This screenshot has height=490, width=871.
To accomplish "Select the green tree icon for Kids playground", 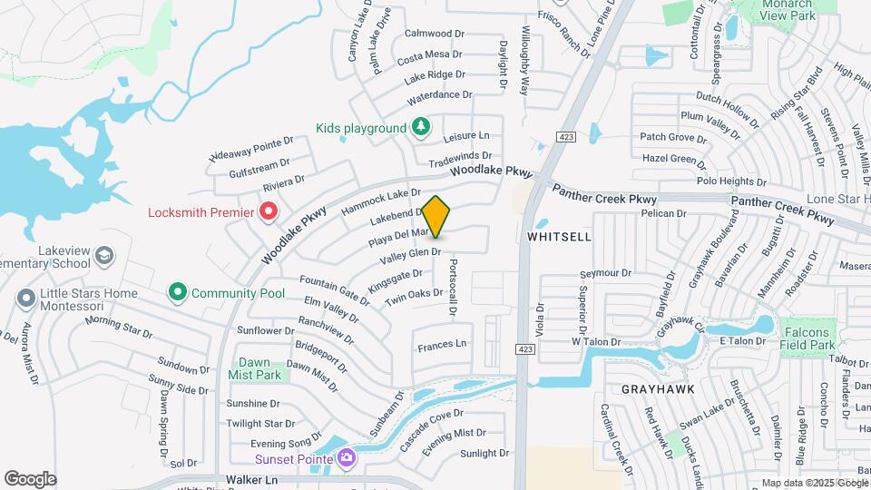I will coord(420,127).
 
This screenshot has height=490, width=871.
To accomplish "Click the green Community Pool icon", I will coord(177,293).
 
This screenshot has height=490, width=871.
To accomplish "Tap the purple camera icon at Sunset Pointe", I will coord(346,457).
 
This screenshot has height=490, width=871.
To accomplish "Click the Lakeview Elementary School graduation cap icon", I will coord(104,255).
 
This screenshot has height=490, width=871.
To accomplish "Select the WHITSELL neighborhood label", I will coord(559,237).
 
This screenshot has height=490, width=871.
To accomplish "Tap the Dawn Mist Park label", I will coord(255,367).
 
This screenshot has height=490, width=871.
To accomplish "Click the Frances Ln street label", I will coord(442,345).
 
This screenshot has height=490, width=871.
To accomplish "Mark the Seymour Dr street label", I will coord(606,273).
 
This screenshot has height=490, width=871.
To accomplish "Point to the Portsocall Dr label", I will coord(452,284).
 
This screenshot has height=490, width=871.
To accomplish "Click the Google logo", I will coord(30,479).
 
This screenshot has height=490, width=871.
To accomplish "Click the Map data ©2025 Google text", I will coord(813,483).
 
